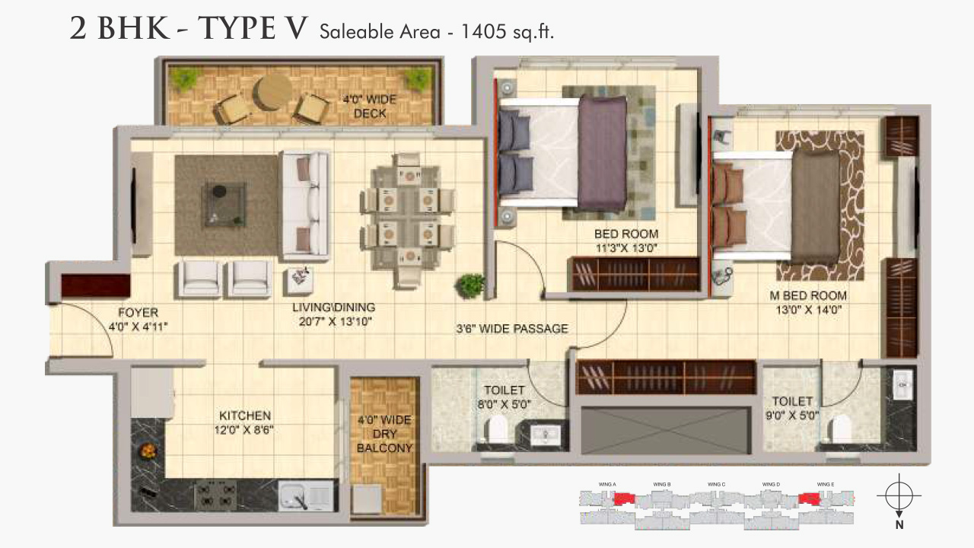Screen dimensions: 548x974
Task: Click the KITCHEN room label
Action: pyautogui.click(x=245, y=416)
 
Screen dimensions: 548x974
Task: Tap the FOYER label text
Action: pyautogui.click(x=138, y=313)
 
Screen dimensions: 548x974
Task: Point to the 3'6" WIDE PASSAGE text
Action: pyautogui.click(x=512, y=329)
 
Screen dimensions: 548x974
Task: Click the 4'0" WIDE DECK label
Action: pyautogui.click(x=364, y=107)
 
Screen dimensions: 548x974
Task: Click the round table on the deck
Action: pyautogui.click(x=272, y=91)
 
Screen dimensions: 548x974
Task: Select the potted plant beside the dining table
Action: pyautogui.click(x=470, y=286)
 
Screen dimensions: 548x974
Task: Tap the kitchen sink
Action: pyautogui.click(x=307, y=496)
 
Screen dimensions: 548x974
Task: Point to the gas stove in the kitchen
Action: pyautogui.click(x=215, y=495)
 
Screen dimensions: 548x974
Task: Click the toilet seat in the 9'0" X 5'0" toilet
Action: pyautogui.click(x=841, y=428)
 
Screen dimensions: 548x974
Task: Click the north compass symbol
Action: pyautogui.click(x=899, y=497)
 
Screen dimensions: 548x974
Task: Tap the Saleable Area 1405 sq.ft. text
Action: pyautogui.click(x=436, y=32)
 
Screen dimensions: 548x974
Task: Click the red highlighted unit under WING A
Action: pyautogui.click(x=624, y=499)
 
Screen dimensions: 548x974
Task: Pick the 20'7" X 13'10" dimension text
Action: pyautogui.click(x=334, y=321)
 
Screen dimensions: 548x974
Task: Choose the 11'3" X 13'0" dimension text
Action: pyautogui.click(x=626, y=247)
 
